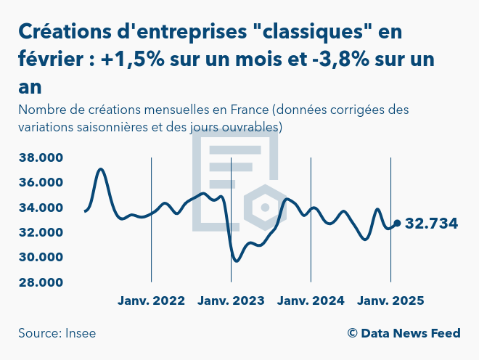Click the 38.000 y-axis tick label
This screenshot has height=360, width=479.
pyautogui.click(x=41, y=157)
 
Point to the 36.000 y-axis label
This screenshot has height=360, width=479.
pyautogui.click(x=41, y=182)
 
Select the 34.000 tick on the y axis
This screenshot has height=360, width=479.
pyautogui.click(x=41, y=208)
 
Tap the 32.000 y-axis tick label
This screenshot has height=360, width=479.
pyautogui.click(x=41, y=232)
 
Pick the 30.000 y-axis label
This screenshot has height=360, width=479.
pyautogui.click(x=41, y=257)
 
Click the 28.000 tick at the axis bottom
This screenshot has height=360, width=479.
pyautogui.click(x=41, y=282)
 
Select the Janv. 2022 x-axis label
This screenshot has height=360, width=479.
pyautogui.click(x=151, y=300)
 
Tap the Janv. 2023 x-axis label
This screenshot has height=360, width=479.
pyautogui.click(x=231, y=300)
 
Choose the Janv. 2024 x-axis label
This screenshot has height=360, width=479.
pyautogui.click(x=311, y=300)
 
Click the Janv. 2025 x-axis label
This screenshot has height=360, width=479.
pyautogui.click(x=390, y=300)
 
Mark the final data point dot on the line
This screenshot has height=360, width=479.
pyautogui.click(x=396, y=224)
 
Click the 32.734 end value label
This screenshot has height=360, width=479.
pyautogui.click(x=431, y=224)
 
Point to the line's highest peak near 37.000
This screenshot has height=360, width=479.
pyautogui.click(x=101, y=169)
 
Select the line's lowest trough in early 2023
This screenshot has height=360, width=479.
pyautogui.click(x=235, y=261)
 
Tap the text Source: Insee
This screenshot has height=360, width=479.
pyautogui.click(x=57, y=333)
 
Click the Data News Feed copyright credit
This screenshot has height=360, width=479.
pyautogui.click(x=404, y=333)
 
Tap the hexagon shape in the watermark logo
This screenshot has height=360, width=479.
pyautogui.click(x=265, y=208)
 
